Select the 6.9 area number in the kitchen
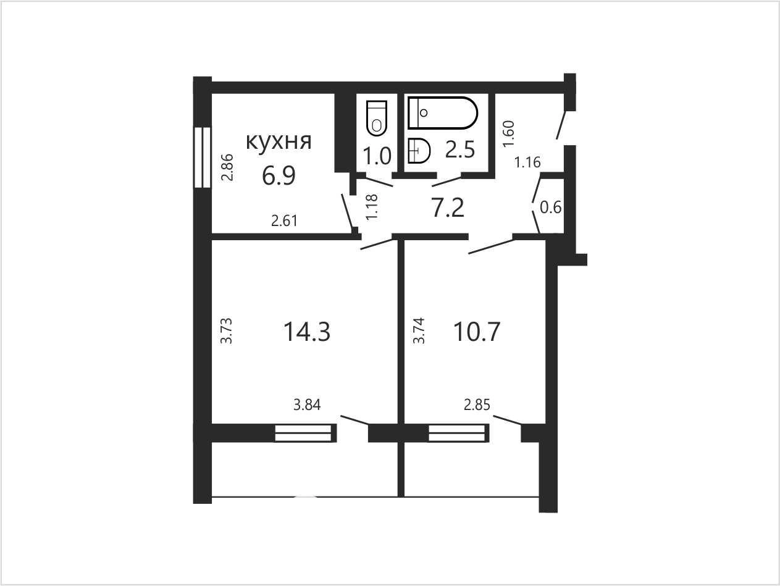[x=279, y=176]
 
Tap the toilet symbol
[x=377, y=118]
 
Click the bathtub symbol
[x=443, y=112]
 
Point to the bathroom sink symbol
[x=419, y=151]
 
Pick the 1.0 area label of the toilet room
[x=377, y=156]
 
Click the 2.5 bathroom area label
[x=460, y=149]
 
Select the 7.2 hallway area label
[x=448, y=207]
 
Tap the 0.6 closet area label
[x=551, y=207]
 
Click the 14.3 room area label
[x=307, y=332]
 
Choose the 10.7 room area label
[x=477, y=332]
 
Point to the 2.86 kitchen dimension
[x=227, y=167]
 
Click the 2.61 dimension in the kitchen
[x=284, y=221]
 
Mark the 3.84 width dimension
[x=307, y=405]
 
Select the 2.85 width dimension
[x=477, y=405]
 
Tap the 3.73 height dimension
[x=227, y=331]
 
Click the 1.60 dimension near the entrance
[x=508, y=134]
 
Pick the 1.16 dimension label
[x=527, y=162]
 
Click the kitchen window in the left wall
[x=203, y=157]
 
